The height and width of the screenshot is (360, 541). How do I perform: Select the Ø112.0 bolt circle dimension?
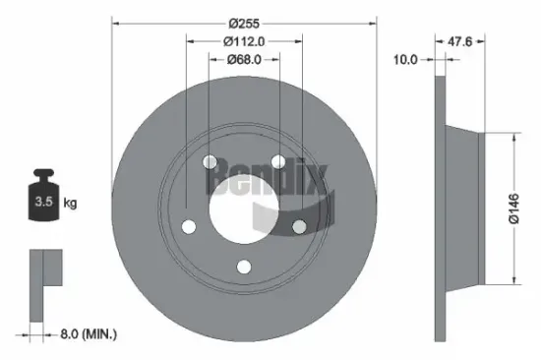click(244, 41)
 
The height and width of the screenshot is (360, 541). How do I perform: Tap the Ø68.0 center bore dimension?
click(244, 59)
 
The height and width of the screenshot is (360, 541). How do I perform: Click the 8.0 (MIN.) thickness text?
click(87, 334)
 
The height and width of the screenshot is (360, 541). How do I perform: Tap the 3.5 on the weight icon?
click(41, 203)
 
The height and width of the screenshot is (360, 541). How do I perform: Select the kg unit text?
click(70, 203)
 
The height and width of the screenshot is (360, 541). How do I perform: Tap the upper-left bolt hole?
click(210, 163)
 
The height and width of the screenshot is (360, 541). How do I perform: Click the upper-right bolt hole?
click(278, 161)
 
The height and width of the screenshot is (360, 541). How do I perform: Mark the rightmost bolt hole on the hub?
click(299, 226)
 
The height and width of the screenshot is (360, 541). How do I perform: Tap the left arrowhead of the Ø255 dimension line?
click(115, 24)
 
